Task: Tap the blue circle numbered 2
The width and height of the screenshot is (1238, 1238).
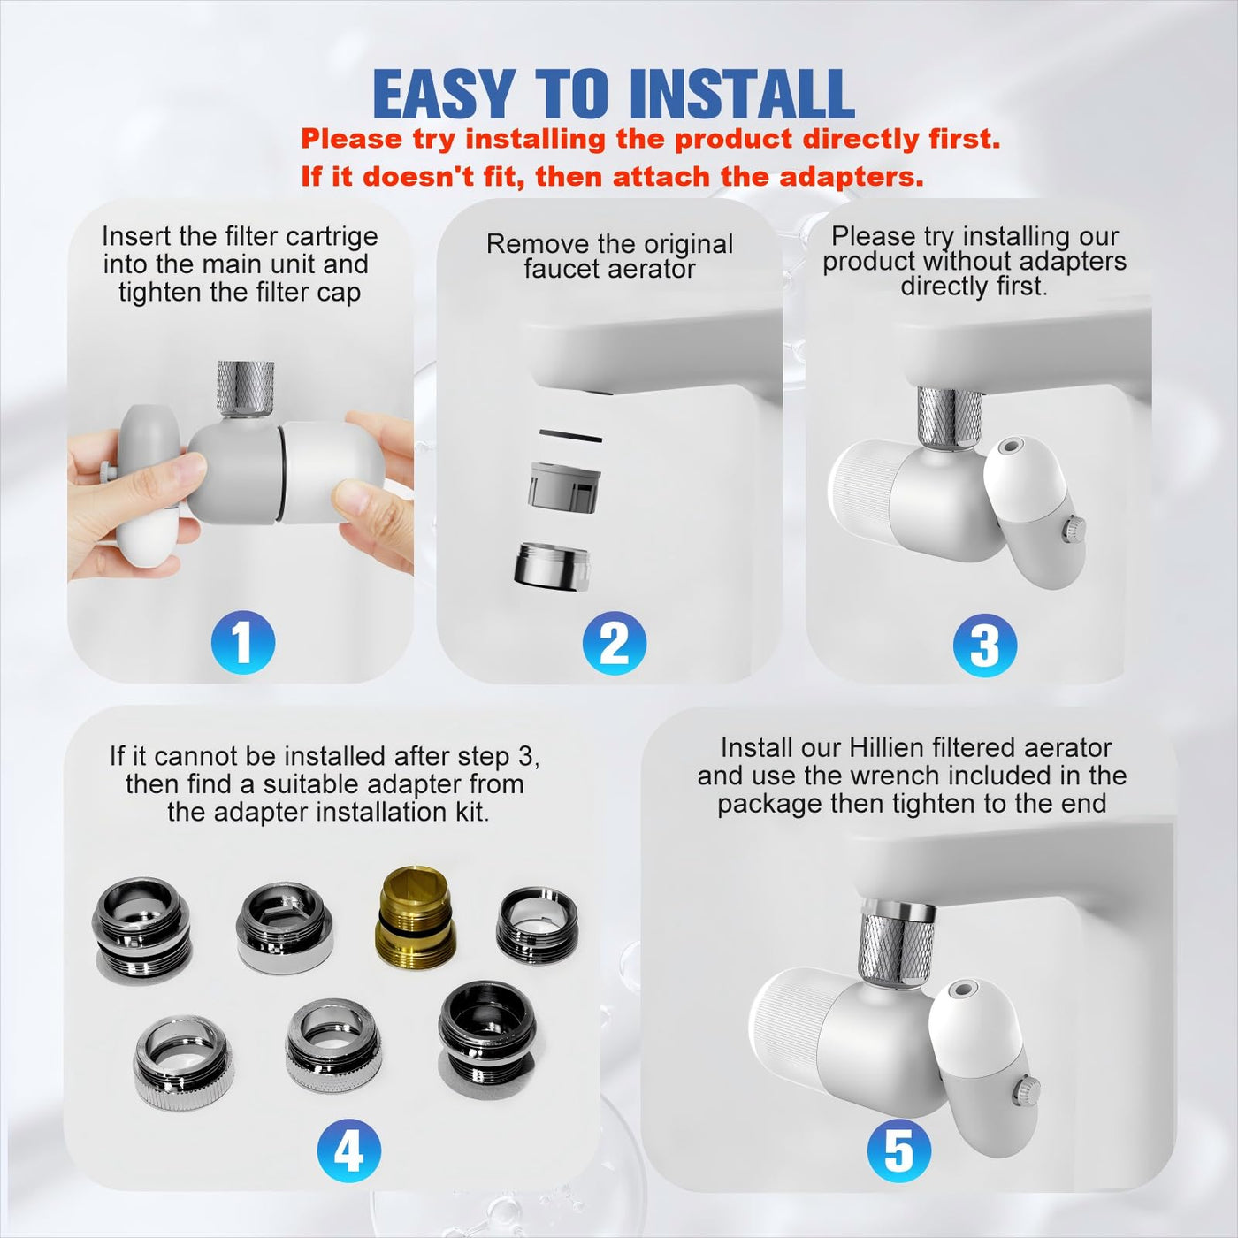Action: click(x=615, y=643)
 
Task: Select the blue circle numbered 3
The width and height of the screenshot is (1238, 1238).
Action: click(x=985, y=645)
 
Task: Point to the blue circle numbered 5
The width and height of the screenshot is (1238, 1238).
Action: click(x=899, y=1150)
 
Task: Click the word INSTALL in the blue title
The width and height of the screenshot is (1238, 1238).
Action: click(x=742, y=94)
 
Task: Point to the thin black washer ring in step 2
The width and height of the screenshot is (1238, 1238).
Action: click(x=570, y=436)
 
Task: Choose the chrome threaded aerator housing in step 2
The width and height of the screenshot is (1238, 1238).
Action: click(x=553, y=566)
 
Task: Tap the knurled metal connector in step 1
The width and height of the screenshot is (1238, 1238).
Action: click(x=246, y=389)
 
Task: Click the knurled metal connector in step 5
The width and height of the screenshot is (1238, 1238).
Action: click(x=898, y=945)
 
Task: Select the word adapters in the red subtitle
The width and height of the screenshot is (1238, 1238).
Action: click(x=851, y=177)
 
